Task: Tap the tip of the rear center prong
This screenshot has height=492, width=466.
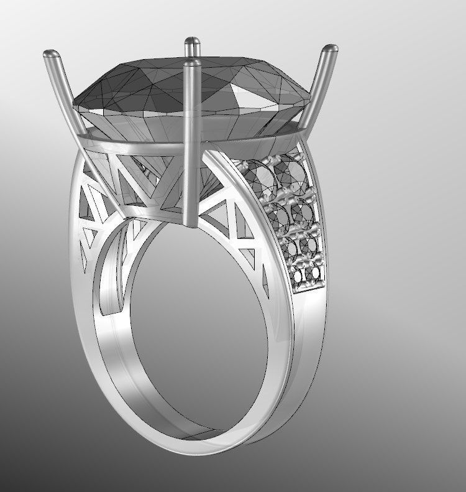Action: [191, 43]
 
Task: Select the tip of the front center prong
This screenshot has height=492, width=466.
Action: [193, 64]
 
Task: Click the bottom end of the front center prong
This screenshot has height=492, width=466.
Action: [192, 224]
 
